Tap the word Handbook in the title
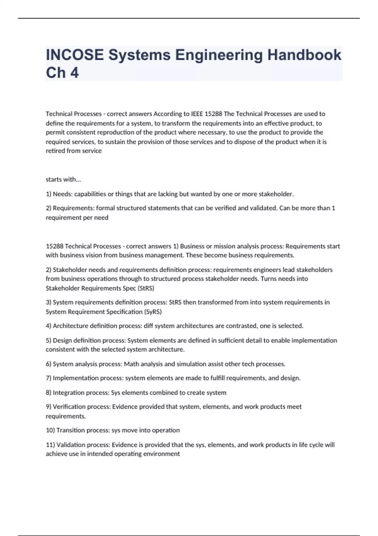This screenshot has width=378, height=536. [x=304, y=55]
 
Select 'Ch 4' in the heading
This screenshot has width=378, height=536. [x=62, y=73]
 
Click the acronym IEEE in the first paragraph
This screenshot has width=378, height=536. [x=197, y=114]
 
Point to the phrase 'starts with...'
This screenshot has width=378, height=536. [x=63, y=179]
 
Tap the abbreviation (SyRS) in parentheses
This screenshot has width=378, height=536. [x=153, y=312]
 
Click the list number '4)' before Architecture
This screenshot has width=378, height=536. [x=49, y=326]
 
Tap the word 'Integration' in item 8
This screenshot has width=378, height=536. [x=69, y=393]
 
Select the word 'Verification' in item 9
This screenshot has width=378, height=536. [x=70, y=407]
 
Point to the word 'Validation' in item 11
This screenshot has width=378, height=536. [x=71, y=445]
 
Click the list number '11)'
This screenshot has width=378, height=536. [x=50, y=445]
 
